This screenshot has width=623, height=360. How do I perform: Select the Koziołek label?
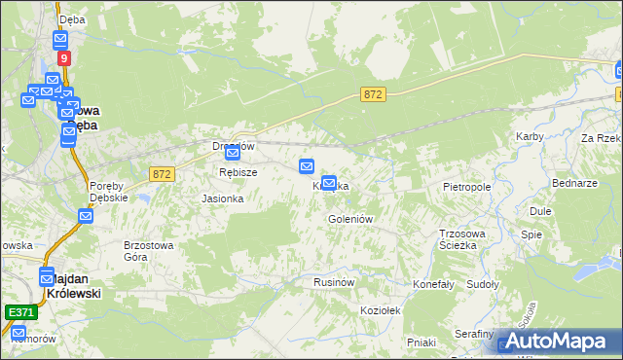[381, 308]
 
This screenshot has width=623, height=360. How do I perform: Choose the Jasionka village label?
[222, 198]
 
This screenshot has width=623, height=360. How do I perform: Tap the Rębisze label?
[238, 172]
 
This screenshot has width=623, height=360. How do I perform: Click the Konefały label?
[434, 284]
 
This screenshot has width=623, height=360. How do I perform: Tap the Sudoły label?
[483, 284]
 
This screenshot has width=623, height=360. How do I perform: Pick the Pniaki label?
[421, 342]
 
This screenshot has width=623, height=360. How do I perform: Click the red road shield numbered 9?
[63, 58]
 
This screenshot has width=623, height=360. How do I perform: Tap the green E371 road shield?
[19, 312]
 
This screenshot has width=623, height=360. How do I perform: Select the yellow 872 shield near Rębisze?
[162, 173]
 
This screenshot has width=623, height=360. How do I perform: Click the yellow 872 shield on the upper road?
[373, 94]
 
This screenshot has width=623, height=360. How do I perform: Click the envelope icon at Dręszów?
[233, 153]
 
